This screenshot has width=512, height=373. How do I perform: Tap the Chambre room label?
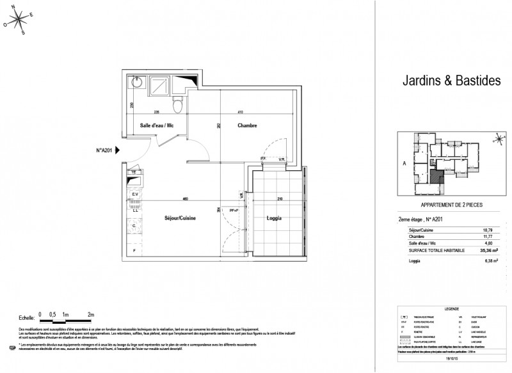pyautogui.click(x=246, y=126)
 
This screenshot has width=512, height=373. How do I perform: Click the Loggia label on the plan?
pyautogui.click(x=274, y=218)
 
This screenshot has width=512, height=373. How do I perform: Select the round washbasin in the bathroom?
pyautogui.click(x=136, y=83)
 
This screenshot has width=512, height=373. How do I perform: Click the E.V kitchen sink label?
pyautogui.click(x=135, y=193)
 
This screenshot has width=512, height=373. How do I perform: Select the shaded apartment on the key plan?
pyautogui.click(x=436, y=173)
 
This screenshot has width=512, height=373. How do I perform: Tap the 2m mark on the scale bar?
pyautogui.click(x=91, y=315)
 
